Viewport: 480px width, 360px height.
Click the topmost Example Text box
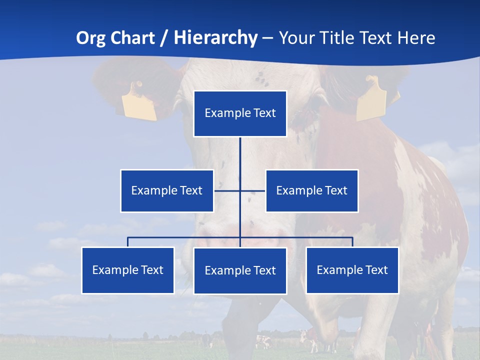[240, 113]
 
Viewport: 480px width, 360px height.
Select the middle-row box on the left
[167, 190]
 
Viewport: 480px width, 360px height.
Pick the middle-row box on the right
[311, 190]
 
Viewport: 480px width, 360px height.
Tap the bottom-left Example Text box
[128, 270]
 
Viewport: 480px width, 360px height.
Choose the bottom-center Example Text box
[240, 270]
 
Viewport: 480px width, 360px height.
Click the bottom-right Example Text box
[352, 270]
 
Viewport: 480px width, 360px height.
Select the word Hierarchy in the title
[215, 38]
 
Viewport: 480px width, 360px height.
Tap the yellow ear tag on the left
[139, 102]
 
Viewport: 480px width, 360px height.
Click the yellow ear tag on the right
[371, 100]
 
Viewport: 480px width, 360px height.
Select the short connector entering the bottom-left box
[128, 242]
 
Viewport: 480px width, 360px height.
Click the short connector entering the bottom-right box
[352, 242]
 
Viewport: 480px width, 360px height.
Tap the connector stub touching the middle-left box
[222, 190]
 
